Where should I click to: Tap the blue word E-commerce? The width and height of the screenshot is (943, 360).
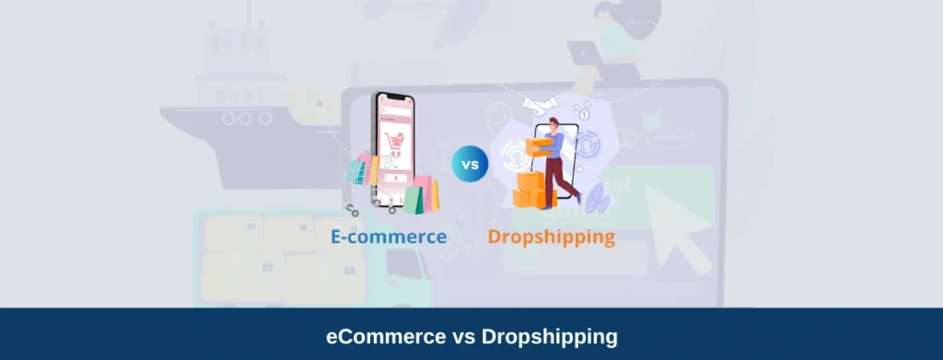tap(389, 237)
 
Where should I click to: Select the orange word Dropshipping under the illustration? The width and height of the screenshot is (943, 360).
tap(551, 237)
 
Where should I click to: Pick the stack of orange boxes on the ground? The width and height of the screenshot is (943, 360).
tap(529, 191)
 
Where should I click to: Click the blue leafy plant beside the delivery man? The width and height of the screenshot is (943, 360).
tap(595, 194)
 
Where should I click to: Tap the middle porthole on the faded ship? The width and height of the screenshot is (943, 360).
tap(243, 118)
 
